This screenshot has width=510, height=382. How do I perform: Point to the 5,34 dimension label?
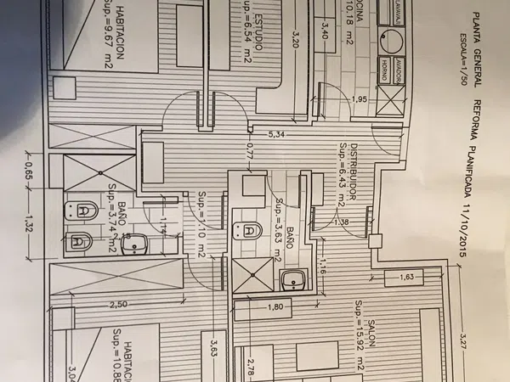click(x=275, y=134)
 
